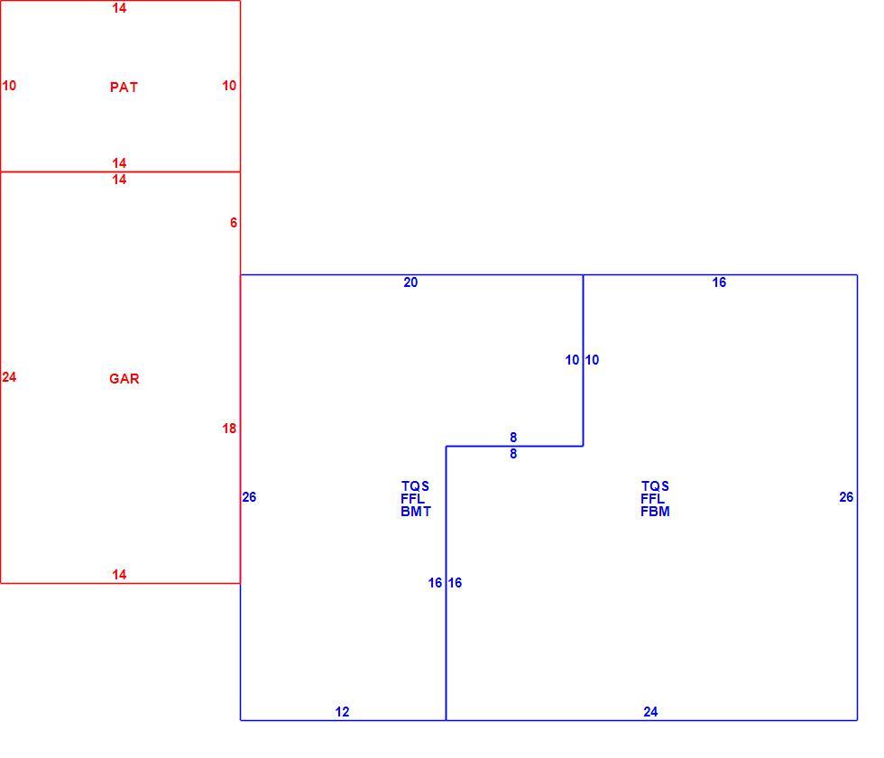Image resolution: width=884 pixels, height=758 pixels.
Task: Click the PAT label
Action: tap(124, 87)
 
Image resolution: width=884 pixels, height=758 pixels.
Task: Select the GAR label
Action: tap(124, 378)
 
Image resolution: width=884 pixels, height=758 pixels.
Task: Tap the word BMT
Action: tap(416, 512)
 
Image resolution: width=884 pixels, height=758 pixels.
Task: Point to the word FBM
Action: tap(655, 512)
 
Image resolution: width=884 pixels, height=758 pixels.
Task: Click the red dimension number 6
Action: tap(234, 223)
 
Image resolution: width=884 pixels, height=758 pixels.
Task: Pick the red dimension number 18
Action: tap(229, 429)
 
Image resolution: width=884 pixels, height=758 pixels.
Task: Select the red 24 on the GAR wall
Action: tap(9, 377)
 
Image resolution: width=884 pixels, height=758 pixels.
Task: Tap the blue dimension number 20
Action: tap(410, 282)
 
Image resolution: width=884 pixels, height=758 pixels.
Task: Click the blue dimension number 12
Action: tap(342, 712)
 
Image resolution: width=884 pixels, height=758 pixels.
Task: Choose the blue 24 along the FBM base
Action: tap(650, 712)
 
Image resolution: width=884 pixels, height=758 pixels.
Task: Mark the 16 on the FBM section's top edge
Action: tap(719, 282)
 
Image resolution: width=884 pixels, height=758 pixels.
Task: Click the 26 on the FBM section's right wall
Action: tap(846, 497)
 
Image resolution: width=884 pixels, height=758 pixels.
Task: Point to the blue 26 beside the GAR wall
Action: tap(249, 497)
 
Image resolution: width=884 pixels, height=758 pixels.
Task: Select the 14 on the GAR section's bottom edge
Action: tap(119, 575)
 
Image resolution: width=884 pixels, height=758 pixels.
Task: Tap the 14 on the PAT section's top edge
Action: tap(119, 8)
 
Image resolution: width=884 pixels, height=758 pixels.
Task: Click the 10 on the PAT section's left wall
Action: tap(9, 85)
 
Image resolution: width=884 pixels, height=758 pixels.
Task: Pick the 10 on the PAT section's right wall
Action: tap(229, 85)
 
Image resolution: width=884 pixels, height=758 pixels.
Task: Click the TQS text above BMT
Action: tap(415, 485)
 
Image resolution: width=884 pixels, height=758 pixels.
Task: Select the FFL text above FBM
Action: tap(652, 498)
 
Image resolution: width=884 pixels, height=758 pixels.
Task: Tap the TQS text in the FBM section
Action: tap(655, 485)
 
